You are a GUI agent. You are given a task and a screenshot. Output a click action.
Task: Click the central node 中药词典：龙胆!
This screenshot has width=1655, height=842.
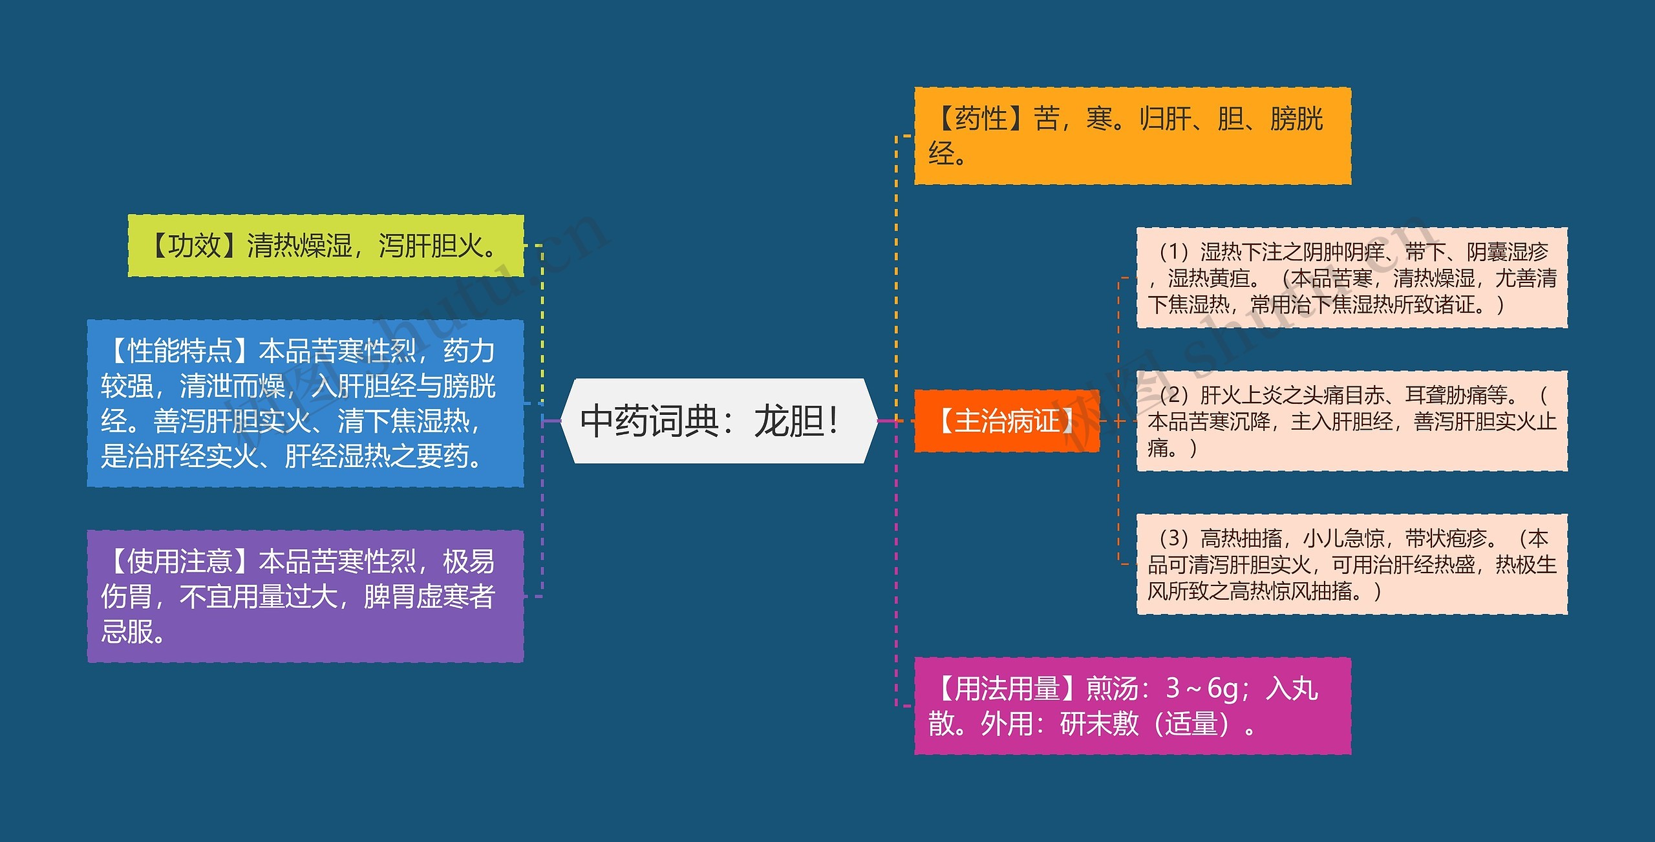pyautogui.click(x=718, y=421)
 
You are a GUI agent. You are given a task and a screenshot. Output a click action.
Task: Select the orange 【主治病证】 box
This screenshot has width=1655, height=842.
pyautogui.click(x=1007, y=421)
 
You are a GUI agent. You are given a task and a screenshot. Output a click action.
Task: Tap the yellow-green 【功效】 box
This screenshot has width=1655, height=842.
pyautogui.click(x=325, y=246)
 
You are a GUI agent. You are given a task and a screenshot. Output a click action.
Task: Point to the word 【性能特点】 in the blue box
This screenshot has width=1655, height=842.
pyautogui.click(x=180, y=351)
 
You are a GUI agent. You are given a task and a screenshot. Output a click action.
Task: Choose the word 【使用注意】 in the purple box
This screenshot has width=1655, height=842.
pyautogui.click(x=180, y=562)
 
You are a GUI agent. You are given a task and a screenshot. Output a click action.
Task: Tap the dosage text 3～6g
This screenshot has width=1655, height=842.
pyautogui.click(x=1202, y=689)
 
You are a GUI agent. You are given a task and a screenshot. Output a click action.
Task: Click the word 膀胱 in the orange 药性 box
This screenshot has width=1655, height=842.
pyautogui.click(x=1296, y=119)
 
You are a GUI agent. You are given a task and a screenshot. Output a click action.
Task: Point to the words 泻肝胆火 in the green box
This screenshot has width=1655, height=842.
pyautogui.click(x=430, y=246)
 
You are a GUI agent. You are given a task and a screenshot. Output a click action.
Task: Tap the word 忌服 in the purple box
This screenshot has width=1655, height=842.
pyautogui.click(x=127, y=631)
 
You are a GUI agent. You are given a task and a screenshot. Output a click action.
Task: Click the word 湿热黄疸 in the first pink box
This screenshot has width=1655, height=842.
pyautogui.click(x=1208, y=278)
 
